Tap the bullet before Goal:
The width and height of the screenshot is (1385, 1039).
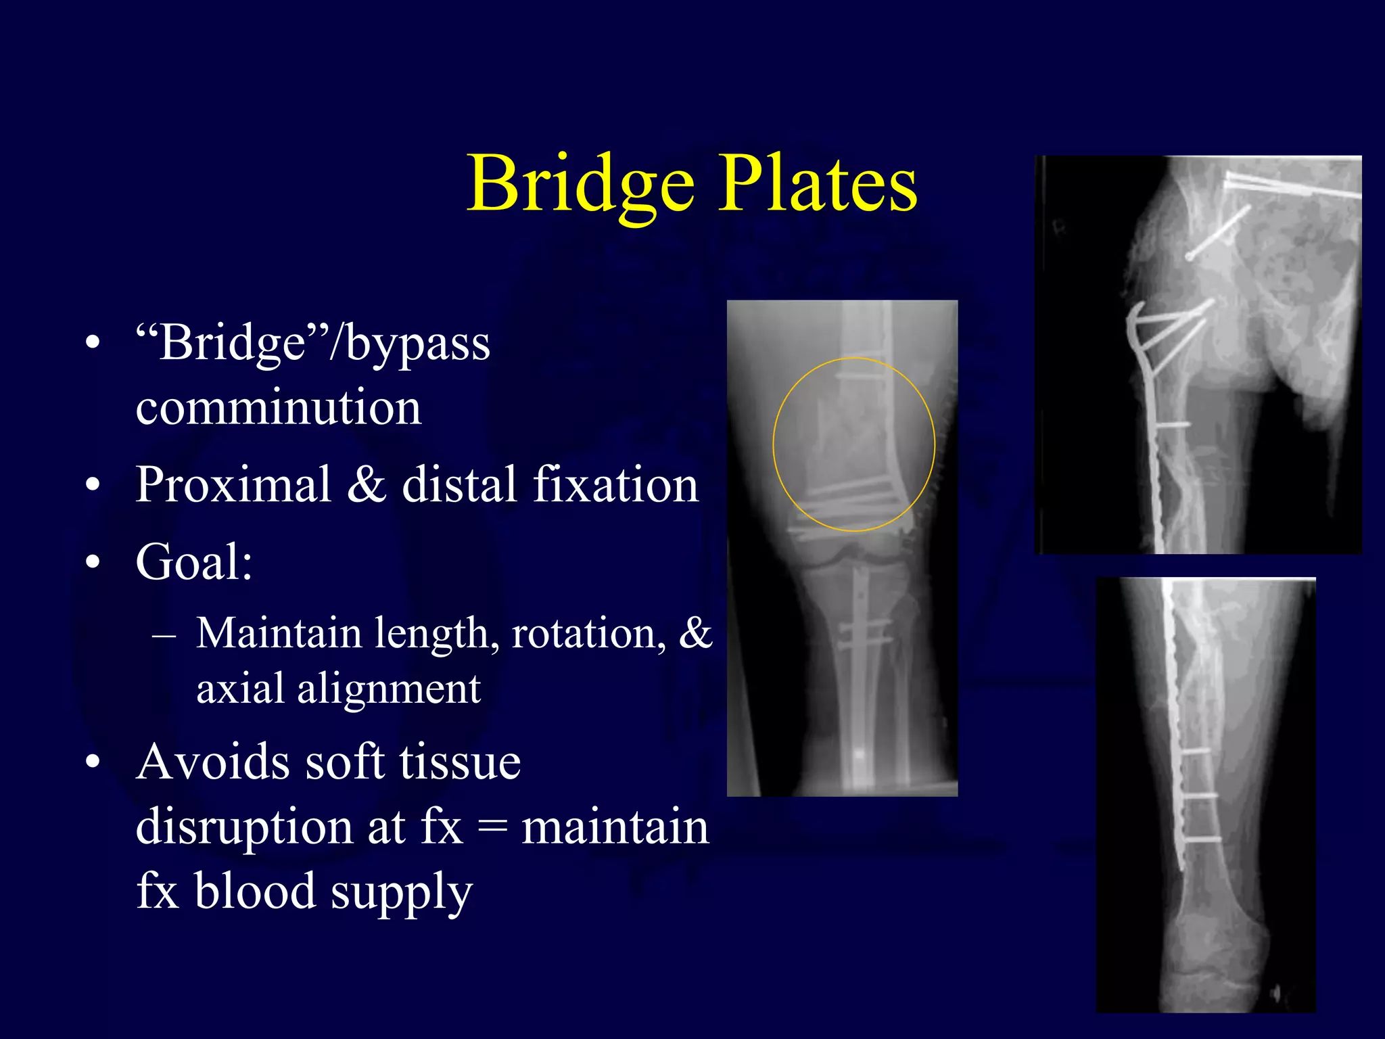pyautogui.click(x=93, y=561)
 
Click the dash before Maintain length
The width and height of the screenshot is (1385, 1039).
pyautogui.click(x=164, y=635)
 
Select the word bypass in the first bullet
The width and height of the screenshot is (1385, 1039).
pyautogui.click(x=418, y=344)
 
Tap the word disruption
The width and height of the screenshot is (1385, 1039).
pyautogui.click(x=244, y=827)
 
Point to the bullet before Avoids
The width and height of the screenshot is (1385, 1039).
pyautogui.click(x=93, y=762)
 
